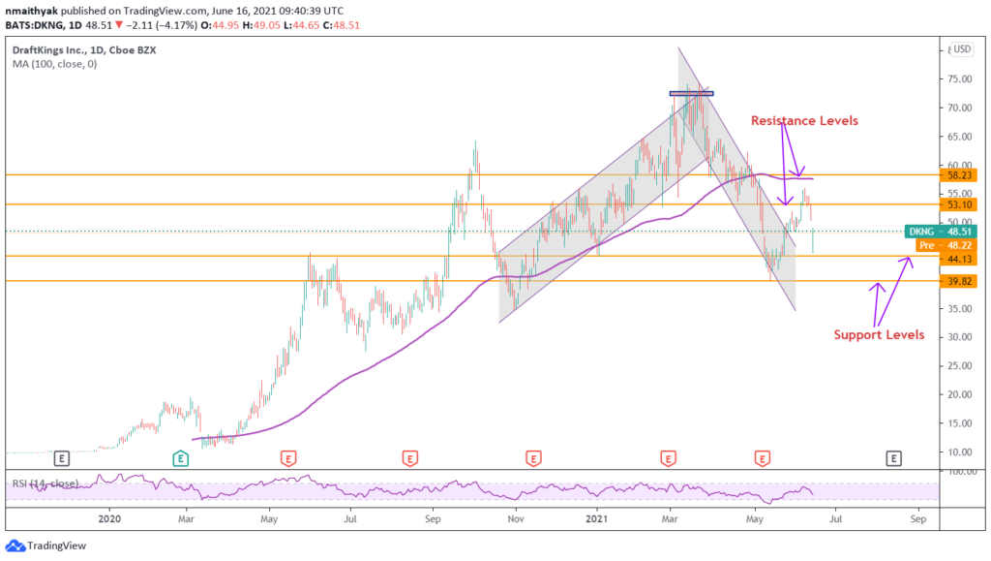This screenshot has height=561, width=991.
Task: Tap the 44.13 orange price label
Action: coord(958,258)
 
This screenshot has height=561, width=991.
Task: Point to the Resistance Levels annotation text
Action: coord(804,120)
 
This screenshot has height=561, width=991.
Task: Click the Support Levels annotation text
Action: coord(879,335)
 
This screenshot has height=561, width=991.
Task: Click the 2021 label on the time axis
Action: coord(598,519)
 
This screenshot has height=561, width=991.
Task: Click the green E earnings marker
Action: coord(180,456)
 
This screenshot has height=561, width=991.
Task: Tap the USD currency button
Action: coord(960,48)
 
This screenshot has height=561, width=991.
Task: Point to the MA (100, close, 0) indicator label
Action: coord(56,65)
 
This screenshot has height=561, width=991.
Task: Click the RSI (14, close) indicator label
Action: coord(46,483)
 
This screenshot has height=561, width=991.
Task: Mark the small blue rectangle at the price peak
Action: coord(691,94)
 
